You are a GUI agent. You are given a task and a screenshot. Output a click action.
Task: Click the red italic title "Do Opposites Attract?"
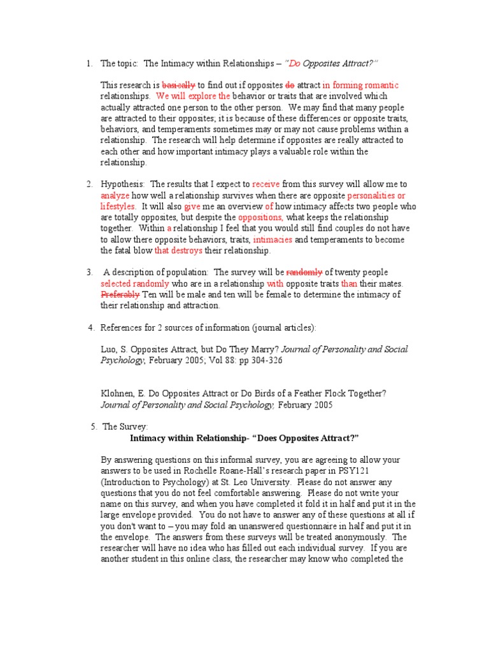pos(331,64)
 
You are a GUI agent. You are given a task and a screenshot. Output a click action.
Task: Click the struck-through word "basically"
pos(179,85)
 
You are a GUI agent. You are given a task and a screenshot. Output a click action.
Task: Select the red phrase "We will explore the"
pos(193,96)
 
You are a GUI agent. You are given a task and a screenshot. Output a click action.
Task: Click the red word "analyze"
pos(115,196)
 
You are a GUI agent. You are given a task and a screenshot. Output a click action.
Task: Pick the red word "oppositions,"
pos(260,217)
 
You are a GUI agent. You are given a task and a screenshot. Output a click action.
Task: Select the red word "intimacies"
pos(273,240)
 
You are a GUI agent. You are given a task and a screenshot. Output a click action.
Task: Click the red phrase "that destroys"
pos(178,250)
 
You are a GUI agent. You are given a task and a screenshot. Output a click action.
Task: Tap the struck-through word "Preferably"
pos(120,294)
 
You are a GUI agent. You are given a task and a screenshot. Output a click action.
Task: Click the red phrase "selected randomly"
pos(135,284)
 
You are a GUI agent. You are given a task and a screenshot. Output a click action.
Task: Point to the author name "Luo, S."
pos(115,350)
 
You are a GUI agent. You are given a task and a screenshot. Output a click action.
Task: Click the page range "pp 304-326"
pos(258,360)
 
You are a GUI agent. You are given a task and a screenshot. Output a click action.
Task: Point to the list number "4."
pos(91,327)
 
